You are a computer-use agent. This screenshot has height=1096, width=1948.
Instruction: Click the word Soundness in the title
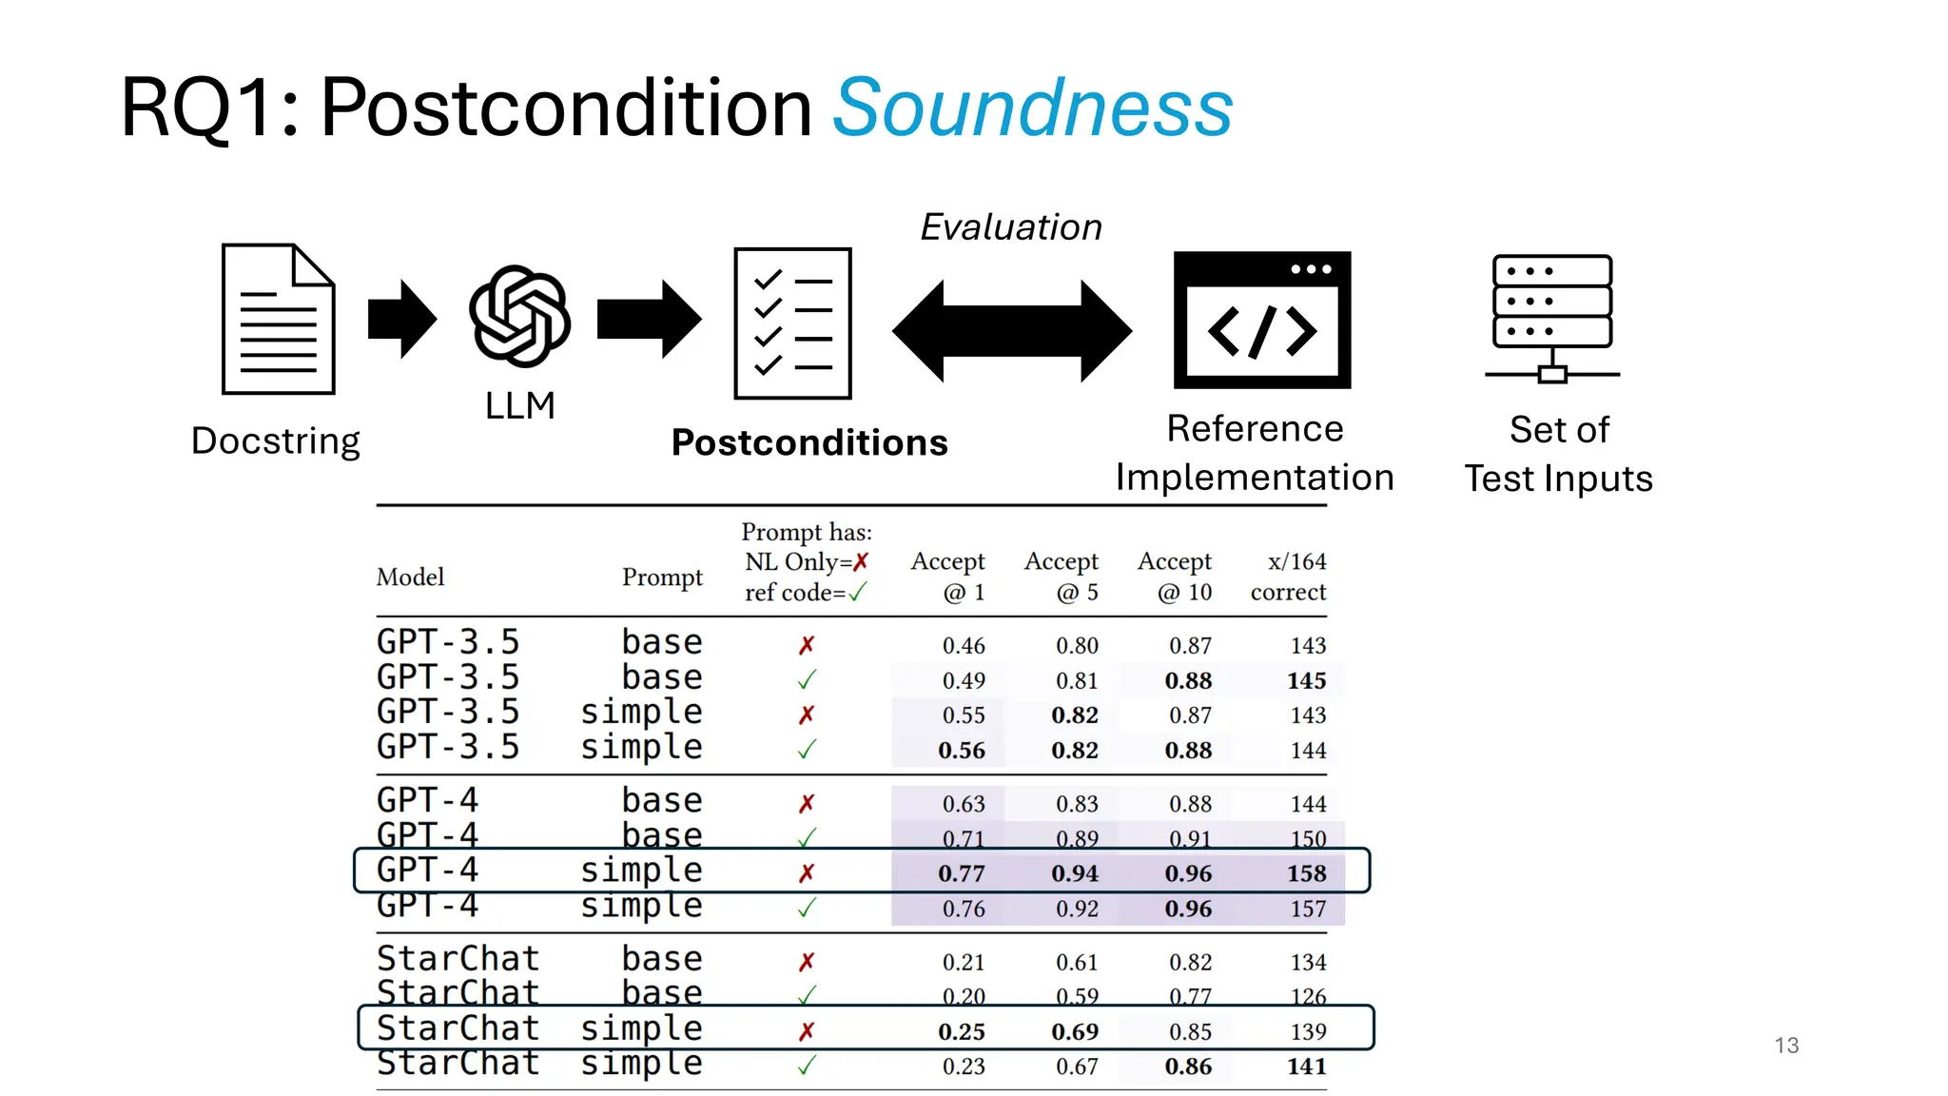(x=1032, y=108)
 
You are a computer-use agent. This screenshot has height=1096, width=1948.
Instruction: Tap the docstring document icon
(x=278, y=319)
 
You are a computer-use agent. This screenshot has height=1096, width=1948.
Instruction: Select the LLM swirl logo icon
(x=519, y=316)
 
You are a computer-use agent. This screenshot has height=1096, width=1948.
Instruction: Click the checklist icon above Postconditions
(x=792, y=323)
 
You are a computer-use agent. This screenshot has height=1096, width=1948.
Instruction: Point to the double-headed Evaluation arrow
(x=1011, y=330)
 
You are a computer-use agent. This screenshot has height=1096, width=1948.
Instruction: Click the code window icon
(x=1261, y=320)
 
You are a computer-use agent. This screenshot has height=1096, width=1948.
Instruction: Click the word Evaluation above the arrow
(x=1010, y=227)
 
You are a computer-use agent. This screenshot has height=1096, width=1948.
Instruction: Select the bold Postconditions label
(x=809, y=442)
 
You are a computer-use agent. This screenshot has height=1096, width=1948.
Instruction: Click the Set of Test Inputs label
(x=1558, y=454)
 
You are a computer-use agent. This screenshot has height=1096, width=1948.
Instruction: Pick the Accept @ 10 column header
(x=1176, y=577)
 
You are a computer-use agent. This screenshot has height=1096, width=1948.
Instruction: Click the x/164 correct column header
(x=1289, y=577)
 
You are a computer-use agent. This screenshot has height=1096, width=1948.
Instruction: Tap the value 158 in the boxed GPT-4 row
(x=1307, y=873)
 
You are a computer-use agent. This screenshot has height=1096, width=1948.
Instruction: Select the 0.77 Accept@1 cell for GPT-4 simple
(x=962, y=873)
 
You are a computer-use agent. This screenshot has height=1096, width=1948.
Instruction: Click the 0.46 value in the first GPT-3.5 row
(x=964, y=645)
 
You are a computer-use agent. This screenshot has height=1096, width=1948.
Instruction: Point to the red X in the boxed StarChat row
(x=807, y=1031)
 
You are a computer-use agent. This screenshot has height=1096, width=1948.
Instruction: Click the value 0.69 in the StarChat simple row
(x=1075, y=1031)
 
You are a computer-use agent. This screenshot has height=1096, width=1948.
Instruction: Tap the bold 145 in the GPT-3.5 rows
(x=1307, y=680)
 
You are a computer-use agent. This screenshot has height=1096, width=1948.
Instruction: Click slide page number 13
(x=1786, y=1046)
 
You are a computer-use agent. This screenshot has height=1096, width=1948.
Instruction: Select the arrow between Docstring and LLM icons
(x=401, y=319)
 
